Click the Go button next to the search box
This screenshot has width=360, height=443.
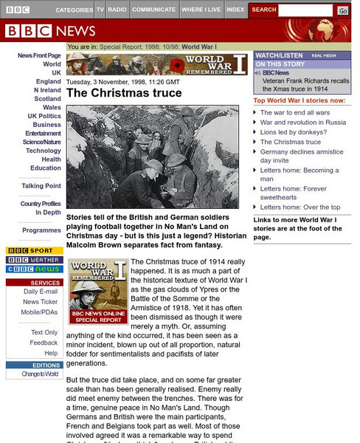click(343, 10)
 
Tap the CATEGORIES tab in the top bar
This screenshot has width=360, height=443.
click(74, 10)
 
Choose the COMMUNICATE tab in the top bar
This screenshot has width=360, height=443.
click(153, 10)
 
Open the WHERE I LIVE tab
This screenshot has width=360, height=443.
click(201, 10)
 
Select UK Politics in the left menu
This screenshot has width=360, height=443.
click(44, 116)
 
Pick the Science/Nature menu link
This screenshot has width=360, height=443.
click(41, 142)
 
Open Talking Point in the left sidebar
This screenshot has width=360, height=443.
click(41, 186)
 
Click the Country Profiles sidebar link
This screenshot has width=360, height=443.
click(41, 203)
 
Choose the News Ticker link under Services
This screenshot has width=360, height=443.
click(41, 302)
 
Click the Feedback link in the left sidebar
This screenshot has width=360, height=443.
click(44, 343)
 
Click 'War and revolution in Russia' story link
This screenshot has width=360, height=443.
click(302, 122)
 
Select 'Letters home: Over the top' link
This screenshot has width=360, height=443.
click(300, 207)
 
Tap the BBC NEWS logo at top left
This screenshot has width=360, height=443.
click(50, 31)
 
